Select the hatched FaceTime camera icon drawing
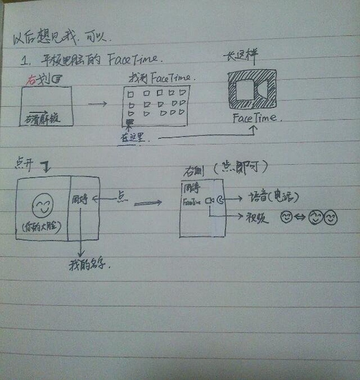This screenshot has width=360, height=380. tap(251, 91)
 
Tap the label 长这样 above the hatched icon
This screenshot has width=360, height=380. tap(238, 59)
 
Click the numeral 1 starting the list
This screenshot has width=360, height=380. tap(25, 61)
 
